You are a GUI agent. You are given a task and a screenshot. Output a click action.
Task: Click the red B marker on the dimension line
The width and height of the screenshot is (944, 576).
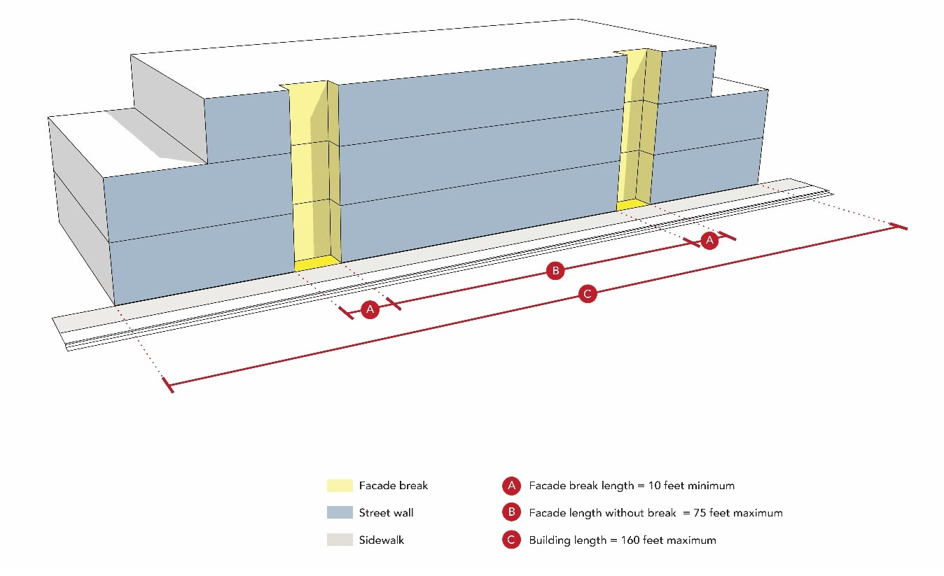pos(555,270)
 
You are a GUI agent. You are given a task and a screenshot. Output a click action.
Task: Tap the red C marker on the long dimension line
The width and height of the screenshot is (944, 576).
pos(588,293)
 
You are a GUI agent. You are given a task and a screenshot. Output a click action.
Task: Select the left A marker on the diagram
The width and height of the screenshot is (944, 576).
pos(370,309)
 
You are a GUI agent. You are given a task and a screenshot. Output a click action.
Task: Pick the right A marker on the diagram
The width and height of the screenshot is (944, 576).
pos(709,241)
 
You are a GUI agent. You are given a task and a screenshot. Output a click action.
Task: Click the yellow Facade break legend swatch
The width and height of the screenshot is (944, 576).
pos(340,486)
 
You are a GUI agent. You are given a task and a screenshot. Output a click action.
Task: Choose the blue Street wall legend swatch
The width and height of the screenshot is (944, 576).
pos(340,512)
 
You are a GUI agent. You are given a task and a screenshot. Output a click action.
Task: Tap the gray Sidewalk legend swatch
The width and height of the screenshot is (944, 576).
pos(340,540)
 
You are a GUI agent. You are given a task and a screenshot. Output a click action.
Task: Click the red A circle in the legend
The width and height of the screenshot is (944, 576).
pos(511,486)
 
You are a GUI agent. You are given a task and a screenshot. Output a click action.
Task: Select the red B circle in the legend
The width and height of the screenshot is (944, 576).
pos(511,512)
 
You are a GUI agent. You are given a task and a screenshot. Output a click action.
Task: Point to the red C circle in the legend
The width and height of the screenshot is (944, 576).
pos(511,540)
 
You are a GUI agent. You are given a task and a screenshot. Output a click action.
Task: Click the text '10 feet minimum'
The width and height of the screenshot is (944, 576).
pos(691,486)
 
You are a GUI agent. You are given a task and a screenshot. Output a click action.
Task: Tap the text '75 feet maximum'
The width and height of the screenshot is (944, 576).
pos(738,513)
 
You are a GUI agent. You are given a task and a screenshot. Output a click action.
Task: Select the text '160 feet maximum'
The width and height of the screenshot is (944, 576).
pos(668,540)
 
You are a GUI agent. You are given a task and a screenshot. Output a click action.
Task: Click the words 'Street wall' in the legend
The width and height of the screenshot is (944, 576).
pos(386,513)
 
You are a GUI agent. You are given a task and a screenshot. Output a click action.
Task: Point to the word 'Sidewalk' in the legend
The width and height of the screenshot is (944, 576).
pos(382,540)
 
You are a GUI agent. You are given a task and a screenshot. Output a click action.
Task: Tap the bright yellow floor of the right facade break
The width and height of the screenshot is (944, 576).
pos(633,204)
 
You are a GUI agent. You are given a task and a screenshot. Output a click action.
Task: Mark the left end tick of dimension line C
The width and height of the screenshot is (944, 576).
pos(168,384)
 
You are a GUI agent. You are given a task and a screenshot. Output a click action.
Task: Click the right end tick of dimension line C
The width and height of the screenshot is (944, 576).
pos(901,227)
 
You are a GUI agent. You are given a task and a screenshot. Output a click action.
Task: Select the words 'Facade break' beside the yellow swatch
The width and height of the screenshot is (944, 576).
pos(393,486)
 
